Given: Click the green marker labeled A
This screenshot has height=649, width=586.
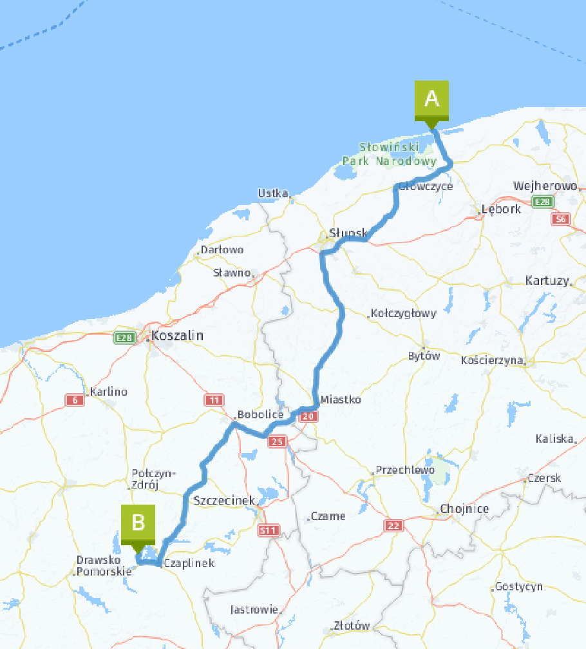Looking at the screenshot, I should [431, 100].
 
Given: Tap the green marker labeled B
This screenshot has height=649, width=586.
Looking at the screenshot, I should [138, 523].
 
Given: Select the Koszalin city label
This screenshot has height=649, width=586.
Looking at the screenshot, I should [177, 336].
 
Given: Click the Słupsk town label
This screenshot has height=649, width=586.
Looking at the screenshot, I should [348, 233].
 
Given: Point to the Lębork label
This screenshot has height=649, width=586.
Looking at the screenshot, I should [503, 209].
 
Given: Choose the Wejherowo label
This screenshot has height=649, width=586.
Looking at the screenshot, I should [544, 186].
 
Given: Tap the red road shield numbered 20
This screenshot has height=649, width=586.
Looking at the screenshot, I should [309, 417].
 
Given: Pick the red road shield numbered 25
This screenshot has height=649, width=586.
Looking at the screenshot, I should [277, 441].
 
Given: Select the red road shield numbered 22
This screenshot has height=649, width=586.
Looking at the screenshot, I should [394, 526].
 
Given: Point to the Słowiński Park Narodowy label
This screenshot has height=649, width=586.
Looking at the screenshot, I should [390, 154].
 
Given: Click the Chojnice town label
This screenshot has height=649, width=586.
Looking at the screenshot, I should [464, 509].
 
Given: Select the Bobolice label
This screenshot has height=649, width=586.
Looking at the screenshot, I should [260, 414].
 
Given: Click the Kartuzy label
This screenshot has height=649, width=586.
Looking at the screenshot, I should [547, 280].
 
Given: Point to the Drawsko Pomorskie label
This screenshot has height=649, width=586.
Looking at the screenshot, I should [104, 565].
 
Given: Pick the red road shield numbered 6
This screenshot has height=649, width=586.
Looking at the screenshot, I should [75, 401].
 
